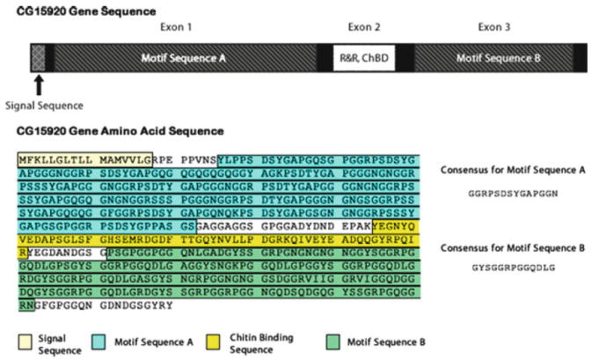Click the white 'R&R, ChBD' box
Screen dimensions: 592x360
pyautogui.click(x=353, y=58)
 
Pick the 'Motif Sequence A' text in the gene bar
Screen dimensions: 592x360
pyautogui.click(x=185, y=58)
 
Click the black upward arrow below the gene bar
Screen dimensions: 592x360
pyautogui.click(x=39, y=85)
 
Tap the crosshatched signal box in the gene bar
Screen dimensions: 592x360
pyautogui.click(x=38, y=58)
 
